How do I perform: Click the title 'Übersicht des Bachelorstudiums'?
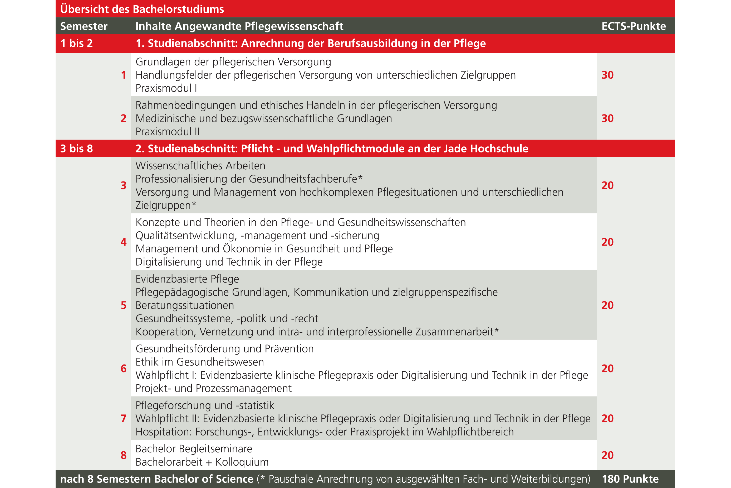pos(142,9)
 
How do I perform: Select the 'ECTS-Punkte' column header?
pos(634,26)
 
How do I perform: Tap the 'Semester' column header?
pos(84,26)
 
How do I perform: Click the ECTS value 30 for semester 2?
pos(607,118)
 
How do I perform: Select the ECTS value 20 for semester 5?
pos(607,305)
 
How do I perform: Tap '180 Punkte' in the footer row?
pos(630,479)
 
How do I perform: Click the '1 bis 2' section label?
pos(76,43)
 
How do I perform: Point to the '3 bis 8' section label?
pos(76,149)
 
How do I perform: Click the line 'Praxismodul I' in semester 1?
pos(166,88)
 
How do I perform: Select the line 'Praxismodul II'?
pos(167,132)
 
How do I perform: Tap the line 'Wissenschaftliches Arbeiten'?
pos(200,166)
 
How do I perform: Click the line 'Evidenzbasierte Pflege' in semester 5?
pos(187,279)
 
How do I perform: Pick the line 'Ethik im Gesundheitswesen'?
pos(199,362)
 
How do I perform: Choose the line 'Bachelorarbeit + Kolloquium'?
pos(202,462)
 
